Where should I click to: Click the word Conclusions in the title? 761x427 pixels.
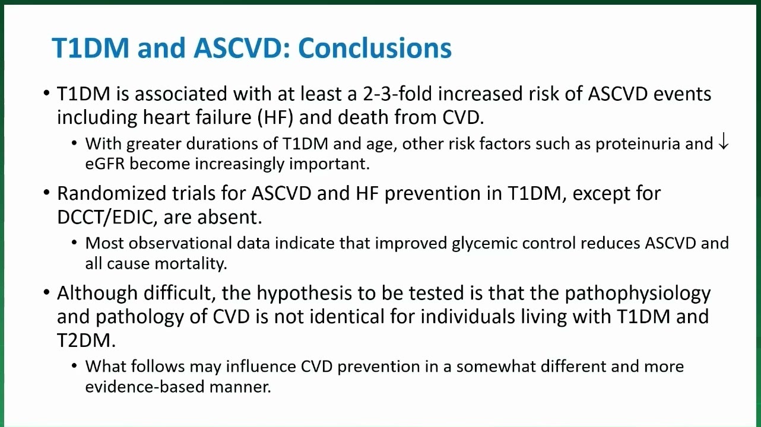pyautogui.click(x=375, y=48)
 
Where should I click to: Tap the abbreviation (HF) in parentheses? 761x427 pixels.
pyautogui.click(x=275, y=117)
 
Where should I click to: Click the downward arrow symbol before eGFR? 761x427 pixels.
pyautogui.click(x=724, y=142)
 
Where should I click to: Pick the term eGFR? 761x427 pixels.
pyautogui.click(x=105, y=164)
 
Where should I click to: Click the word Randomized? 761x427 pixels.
pyautogui.click(x=112, y=193)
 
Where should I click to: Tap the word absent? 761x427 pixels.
pyautogui.click(x=229, y=217)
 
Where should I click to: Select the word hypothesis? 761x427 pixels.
pyautogui.click(x=304, y=293)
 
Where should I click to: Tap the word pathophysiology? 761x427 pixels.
pyautogui.click(x=638, y=293)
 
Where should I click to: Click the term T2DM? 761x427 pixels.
pyautogui.click(x=86, y=340)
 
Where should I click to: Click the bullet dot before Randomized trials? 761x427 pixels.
pyautogui.click(x=46, y=193)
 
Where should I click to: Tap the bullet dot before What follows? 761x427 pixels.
pyautogui.click(x=74, y=367)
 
